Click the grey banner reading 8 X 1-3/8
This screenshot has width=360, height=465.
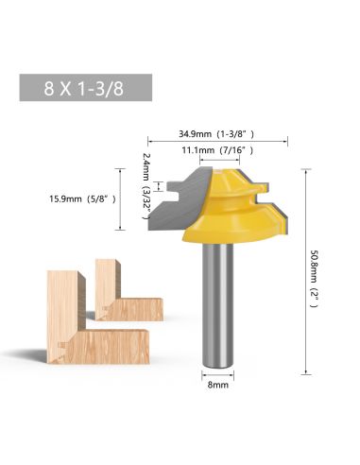point(86,88)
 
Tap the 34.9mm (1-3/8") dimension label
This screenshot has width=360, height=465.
point(216,134)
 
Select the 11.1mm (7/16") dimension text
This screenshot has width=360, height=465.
point(217,150)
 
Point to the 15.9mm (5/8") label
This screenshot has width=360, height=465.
point(82,199)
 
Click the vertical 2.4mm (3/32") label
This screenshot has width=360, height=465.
point(146,186)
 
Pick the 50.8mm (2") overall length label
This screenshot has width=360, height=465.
point(315,279)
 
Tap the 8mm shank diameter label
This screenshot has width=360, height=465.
point(217,385)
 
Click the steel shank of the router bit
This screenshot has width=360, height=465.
point(217,304)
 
